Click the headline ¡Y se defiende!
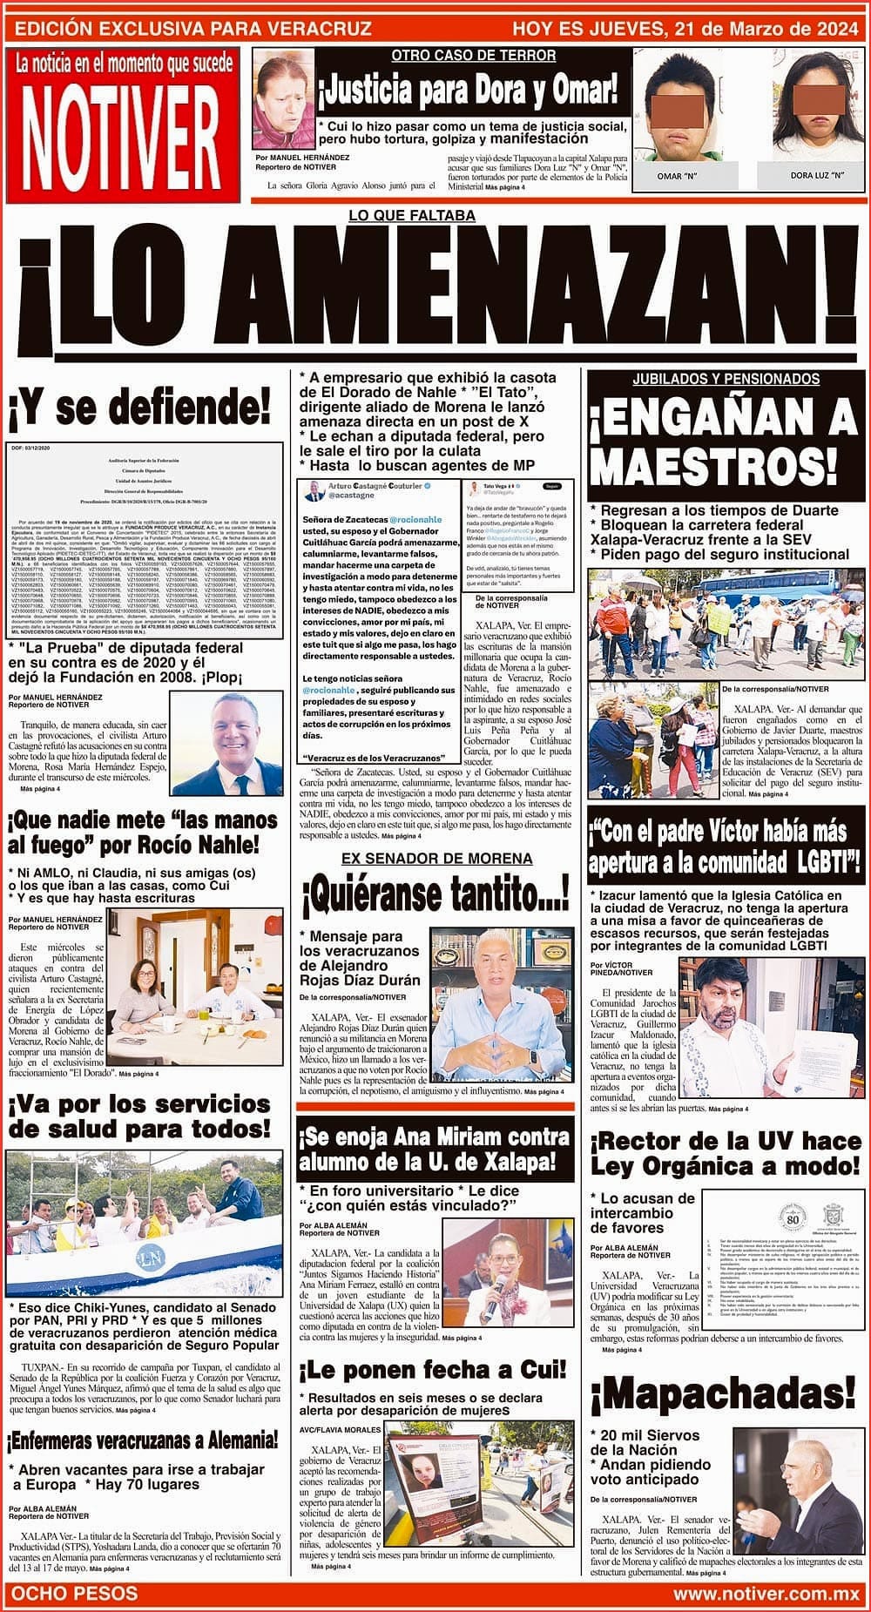click(141, 406)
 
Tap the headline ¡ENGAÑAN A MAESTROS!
click(726, 443)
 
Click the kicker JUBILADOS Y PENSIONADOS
click(726, 380)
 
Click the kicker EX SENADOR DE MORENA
click(435, 859)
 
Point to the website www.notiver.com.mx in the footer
click(766, 1593)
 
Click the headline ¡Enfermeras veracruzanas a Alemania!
click(143, 1438)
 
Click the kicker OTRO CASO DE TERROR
click(473, 56)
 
